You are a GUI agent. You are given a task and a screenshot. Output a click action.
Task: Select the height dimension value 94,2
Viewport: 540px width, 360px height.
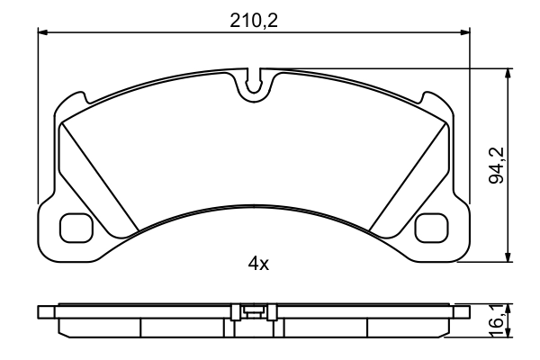click(494, 166)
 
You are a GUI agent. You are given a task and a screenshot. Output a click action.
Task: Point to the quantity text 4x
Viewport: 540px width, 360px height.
click(259, 264)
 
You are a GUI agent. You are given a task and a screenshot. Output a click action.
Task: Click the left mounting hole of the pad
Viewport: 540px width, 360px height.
click(74, 229)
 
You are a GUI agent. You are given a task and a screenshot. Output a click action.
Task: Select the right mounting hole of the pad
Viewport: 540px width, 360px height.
click(434, 229)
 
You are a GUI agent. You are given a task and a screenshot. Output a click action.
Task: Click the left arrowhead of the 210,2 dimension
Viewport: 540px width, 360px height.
click(43, 32)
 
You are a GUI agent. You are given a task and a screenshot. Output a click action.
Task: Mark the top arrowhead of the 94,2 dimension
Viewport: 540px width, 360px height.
click(509, 72)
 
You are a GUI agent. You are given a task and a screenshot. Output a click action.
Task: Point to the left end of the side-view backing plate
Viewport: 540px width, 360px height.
click(42, 311)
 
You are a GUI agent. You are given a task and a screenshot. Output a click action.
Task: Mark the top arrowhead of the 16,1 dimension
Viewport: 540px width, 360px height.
click(509, 307)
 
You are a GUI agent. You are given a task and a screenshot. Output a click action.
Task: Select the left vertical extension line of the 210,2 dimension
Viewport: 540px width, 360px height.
click(38, 117)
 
